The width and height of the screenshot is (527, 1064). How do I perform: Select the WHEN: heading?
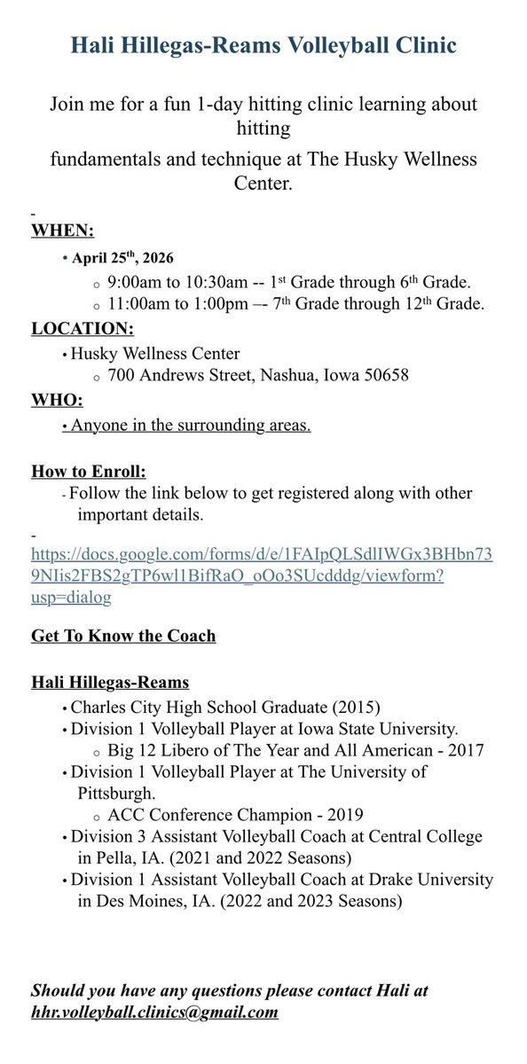pyautogui.click(x=63, y=231)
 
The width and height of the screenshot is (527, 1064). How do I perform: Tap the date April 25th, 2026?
pyautogui.click(x=122, y=259)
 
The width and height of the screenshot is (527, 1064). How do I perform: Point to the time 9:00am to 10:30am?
pyautogui.click(x=177, y=283)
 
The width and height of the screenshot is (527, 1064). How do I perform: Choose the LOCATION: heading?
pyautogui.click(x=83, y=329)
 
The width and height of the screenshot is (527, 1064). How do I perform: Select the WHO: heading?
pyautogui.click(x=58, y=400)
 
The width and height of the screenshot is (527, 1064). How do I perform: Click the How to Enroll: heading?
pyautogui.click(x=89, y=470)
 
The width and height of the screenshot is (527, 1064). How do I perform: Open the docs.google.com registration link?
pyautogui.click(x=262, y=576)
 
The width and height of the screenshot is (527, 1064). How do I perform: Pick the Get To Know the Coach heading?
pyautogui.click(x=123, y=636)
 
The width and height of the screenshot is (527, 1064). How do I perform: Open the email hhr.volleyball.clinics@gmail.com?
pyautogui.click(x=154, y=1012)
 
